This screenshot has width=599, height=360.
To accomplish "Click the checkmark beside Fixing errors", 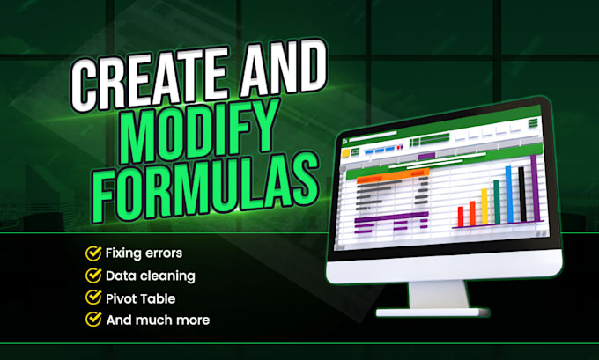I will [92, 253].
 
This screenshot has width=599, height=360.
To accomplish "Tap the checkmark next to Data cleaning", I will [92, 276].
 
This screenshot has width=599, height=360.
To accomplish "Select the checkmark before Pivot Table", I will [92, 298].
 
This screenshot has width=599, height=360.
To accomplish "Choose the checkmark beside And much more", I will [92, 320].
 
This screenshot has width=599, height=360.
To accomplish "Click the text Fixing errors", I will [144, 253].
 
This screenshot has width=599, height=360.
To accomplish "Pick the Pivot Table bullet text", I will [141, 298].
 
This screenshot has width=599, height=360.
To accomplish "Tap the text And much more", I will [158, 320].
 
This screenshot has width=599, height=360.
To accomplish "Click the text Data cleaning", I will [150, 276].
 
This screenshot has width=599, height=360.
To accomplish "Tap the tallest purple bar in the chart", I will [533, 190].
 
